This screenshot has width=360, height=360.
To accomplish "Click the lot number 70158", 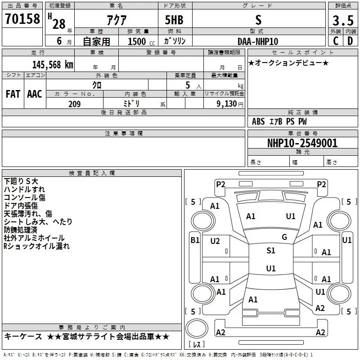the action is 22,19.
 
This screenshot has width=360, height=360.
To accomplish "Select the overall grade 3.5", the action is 343,20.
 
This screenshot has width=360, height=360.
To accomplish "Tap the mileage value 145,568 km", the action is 53,65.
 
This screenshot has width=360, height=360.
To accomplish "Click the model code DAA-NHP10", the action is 258,41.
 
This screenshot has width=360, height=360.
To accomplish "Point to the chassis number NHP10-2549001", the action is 302,143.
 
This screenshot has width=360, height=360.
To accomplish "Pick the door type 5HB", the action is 174,20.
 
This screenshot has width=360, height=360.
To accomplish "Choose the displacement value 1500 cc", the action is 141,41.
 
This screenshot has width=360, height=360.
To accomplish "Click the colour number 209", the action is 74,104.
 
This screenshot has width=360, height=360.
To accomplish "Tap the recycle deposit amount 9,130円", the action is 230,104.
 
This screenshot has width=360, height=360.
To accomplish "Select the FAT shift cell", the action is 13,94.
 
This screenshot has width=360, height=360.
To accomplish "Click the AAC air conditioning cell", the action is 35,94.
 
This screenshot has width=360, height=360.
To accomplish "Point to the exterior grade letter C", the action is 336,41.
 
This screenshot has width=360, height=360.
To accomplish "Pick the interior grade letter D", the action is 350,41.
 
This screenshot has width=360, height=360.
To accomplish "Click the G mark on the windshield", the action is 284,237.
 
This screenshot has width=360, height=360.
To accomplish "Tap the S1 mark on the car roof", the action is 271,251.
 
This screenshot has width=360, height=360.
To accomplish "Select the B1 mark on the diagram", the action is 195,240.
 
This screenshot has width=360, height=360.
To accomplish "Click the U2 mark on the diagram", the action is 215,241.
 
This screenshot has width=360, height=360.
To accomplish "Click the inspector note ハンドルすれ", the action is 24,189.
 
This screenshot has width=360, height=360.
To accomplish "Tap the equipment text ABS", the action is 258,121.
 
